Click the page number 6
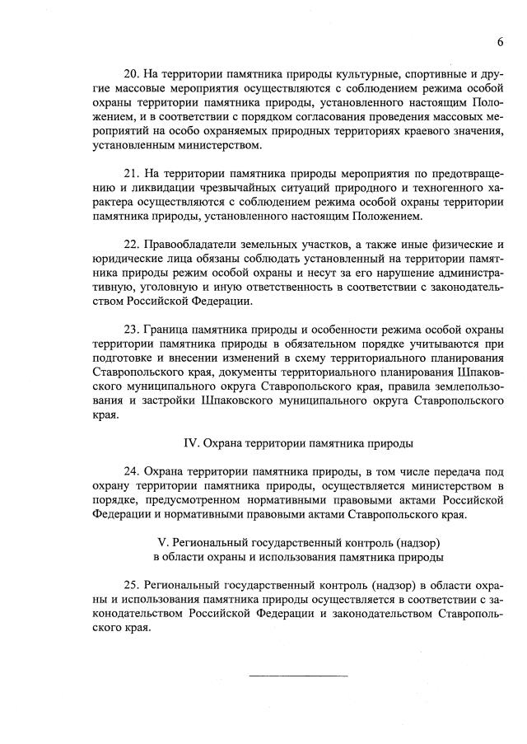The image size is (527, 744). pos(500,42)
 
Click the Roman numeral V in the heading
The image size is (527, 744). pos(161,544)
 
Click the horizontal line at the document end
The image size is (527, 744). pos(298,676)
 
